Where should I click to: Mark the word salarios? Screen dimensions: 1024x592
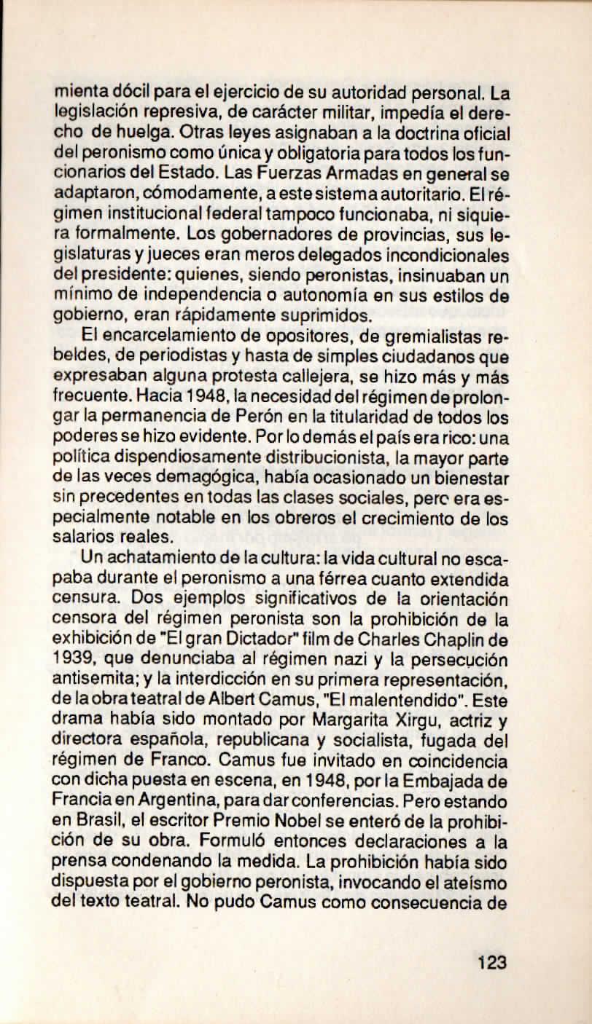(x=85, y=535)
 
